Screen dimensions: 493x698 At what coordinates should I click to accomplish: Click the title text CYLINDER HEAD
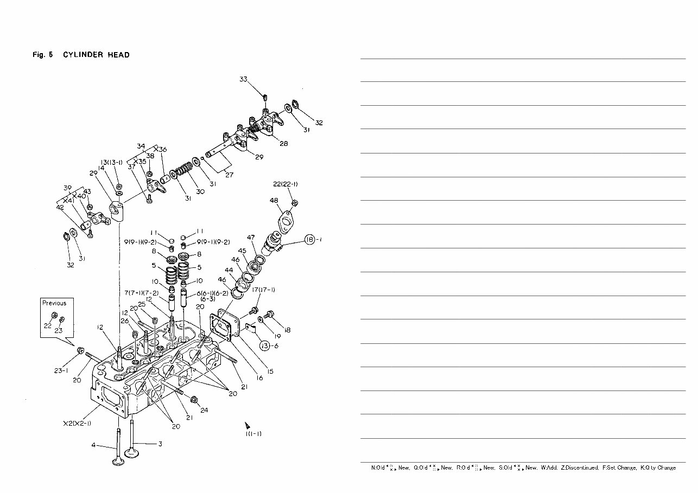96,55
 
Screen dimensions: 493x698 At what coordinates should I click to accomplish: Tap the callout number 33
244,79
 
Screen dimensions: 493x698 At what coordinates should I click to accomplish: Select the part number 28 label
283,144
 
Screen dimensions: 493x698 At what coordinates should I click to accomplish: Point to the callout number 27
229,175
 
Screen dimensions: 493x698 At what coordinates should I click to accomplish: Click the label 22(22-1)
285,184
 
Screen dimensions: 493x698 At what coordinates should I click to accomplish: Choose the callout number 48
274,201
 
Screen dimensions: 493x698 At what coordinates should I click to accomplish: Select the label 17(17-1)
263,290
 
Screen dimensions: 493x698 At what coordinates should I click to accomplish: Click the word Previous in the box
54,303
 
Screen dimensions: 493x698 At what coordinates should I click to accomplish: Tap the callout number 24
204,410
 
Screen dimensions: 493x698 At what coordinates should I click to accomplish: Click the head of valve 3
131,453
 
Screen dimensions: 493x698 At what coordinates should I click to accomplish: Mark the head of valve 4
118,462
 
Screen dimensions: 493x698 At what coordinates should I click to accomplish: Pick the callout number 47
251,238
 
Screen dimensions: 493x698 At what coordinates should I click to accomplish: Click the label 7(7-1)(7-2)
141,293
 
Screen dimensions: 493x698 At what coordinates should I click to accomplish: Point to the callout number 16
259,378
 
